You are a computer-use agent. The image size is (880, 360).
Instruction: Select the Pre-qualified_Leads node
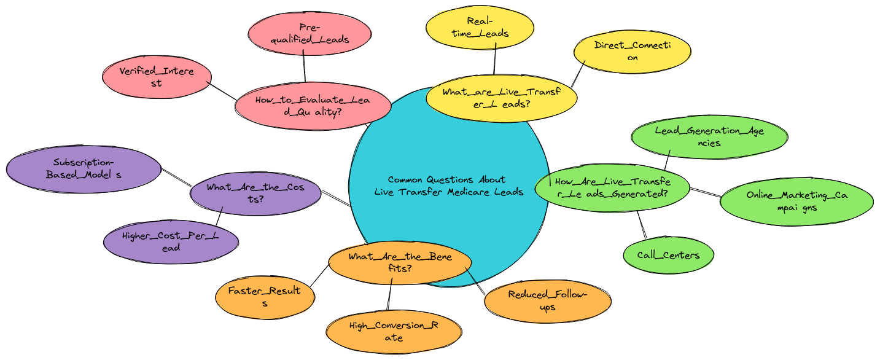310,34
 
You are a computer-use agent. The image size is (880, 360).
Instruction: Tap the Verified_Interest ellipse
157,77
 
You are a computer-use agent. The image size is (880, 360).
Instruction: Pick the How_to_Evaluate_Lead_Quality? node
313,106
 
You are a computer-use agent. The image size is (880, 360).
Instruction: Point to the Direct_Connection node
632,52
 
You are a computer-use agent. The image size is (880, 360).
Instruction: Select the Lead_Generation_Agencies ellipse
709,136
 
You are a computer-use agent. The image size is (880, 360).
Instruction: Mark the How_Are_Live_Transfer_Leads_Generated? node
612,187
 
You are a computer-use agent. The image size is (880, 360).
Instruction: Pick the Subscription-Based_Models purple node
83,169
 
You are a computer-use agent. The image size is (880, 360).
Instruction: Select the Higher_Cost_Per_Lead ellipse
171,241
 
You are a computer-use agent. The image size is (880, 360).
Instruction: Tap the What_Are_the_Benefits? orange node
400,262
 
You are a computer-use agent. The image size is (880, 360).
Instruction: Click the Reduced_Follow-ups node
547,300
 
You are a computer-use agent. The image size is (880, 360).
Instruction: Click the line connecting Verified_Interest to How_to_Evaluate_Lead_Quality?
223,91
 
